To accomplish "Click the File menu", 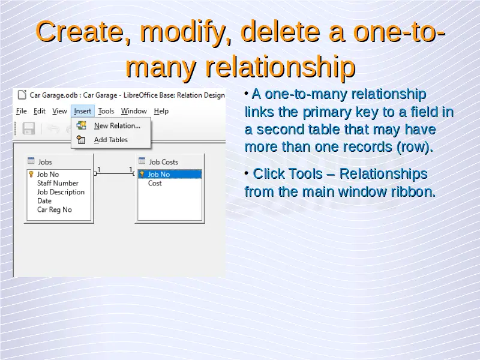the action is point(22,111).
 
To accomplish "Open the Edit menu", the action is point(40,111).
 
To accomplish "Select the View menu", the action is point(59,111).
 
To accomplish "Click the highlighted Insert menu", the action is point(83,111).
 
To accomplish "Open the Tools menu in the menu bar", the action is point(106,111).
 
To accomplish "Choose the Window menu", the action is point(134,111).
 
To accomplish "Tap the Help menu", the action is point(161,111).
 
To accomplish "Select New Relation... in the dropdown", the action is point(117,125).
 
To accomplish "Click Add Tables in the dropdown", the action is point(111,140).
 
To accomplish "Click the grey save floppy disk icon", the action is point(29,128).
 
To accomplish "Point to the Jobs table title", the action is point(45,161).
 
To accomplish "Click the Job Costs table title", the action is point(163,161).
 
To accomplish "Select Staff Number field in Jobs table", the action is point(58,183).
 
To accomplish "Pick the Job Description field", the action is point(61,192).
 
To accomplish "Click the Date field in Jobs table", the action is point(44,201).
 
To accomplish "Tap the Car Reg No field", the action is point(55,209).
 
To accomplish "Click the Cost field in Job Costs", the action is point(155,183).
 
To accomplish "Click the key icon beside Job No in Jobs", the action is point(31,174).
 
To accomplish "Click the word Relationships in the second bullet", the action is point(383,173).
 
